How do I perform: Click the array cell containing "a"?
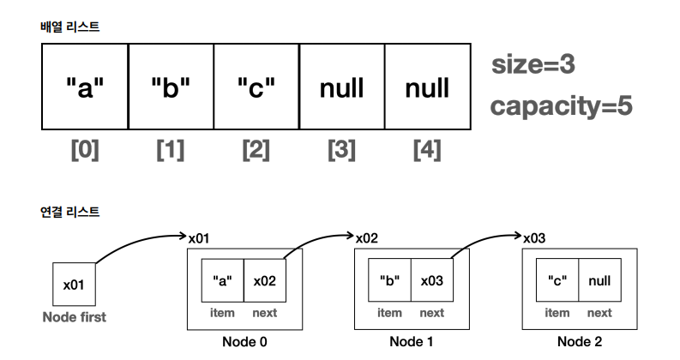(85, 87)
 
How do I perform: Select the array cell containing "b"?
(171, 87)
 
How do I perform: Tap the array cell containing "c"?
(256, 87)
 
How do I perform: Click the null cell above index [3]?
(341, 87)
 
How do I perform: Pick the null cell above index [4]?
(427, 87)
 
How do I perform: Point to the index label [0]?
(84, 150)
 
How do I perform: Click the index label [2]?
(256, 150)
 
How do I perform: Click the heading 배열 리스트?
(70, 27)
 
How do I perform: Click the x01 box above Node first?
(75, 284)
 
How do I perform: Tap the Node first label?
(75, 317)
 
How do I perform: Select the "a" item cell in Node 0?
(222, 280)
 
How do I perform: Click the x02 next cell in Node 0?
(264, 280)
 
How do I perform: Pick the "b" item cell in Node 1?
(389, 280)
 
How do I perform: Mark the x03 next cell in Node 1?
(431, 280)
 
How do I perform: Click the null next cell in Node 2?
(599, 280)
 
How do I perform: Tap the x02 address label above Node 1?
(366, 236)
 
